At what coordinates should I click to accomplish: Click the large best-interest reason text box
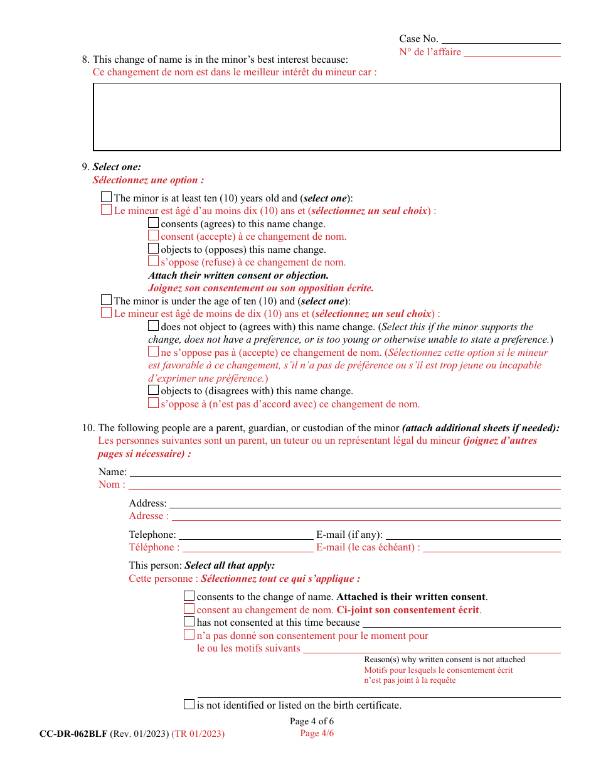[x=326, y=117]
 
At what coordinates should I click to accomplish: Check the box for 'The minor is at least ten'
[x=107, y=198]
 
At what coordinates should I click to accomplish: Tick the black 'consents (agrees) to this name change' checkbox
[x=154, y=223]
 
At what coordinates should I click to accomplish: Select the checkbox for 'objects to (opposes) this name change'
[x=154, y=249]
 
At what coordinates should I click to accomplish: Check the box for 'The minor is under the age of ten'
[x=107, y=301]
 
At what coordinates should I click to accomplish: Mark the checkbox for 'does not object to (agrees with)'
[x=154, y=326]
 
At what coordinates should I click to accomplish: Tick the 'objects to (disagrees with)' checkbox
[x=154, y=390]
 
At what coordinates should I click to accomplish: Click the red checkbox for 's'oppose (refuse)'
[x=154, y=262]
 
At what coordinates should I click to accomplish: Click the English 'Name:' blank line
[x=344, y=473]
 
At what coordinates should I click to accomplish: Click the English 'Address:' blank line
[x=365, y=504]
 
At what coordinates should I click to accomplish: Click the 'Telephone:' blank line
[x=246, y=535]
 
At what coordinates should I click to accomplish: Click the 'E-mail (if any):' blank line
[x=472, y=535]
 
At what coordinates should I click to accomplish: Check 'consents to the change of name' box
[x=189, y=596]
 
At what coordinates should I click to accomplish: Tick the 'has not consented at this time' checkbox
[x=189, y=622]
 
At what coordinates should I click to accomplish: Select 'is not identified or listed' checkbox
[x=189, y=705]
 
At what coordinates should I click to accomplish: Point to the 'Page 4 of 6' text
[x=312, y=721]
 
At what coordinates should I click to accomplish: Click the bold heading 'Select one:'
[x=117, y=167]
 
